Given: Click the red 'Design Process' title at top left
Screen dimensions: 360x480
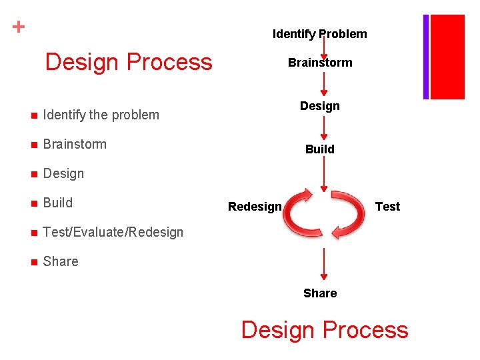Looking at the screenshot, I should [x=128, y=62].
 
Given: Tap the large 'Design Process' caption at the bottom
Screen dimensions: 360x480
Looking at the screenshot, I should [x=324, y=330].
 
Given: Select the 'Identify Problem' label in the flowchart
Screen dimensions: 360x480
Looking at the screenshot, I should [x=319, y=34].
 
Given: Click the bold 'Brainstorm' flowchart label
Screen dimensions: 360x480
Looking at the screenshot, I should [x=319, y=63].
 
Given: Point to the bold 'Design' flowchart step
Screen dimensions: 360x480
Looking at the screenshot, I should [x=319, y=106].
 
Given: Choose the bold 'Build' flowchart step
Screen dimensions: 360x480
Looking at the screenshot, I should [x=319, y=149].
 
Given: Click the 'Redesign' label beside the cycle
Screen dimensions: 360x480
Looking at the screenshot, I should [x=255, y=207].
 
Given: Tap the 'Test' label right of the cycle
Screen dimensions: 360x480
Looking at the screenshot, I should [x=387, y=207].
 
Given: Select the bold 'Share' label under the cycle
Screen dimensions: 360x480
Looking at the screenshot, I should [x=319, y=293].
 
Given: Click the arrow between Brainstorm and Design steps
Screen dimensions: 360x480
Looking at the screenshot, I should [x=323, y=84].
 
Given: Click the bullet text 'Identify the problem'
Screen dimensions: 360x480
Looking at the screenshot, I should [x=101, y=115].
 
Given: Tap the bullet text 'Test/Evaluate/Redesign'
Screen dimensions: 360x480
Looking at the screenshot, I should [x=113, y=232].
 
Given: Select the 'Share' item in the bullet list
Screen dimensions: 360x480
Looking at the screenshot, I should [x=60, y=261].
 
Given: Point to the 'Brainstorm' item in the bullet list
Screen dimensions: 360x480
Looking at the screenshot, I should [x=75, y=144].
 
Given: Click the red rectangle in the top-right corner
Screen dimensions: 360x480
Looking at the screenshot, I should [x=448, y=57].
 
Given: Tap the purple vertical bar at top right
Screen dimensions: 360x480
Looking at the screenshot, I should [x=425, y=57].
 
